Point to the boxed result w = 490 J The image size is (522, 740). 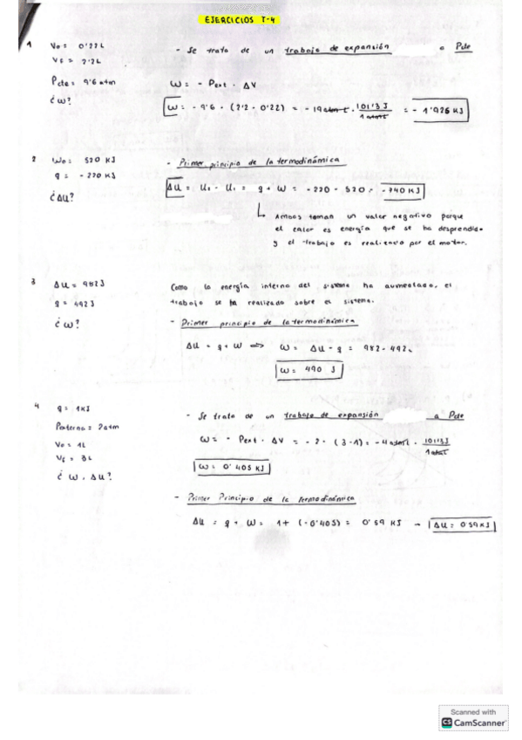click(x=308, y=370)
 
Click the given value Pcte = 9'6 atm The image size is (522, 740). click(x=78, y=81)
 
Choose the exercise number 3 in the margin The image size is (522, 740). click(x=32, y=283)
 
